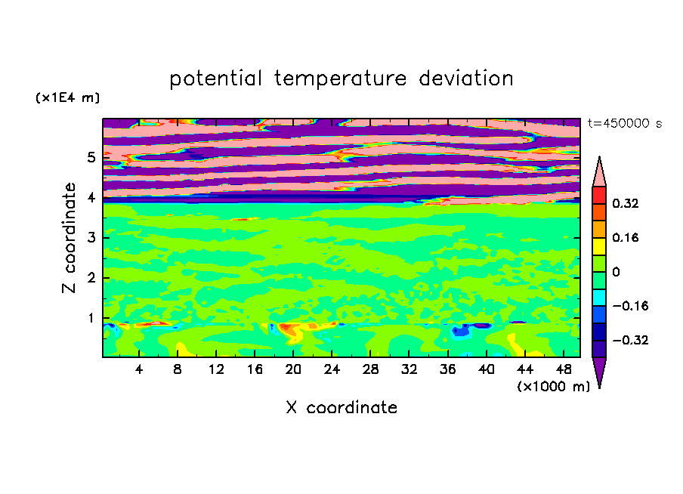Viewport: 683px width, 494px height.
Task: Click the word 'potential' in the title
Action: pos(215,79)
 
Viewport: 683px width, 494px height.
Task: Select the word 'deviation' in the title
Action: pos(466,78)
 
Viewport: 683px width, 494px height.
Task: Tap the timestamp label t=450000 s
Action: pos(625,124)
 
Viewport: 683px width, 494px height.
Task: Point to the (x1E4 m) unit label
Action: pos(67,98)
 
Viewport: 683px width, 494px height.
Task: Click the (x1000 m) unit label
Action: pos(553,387)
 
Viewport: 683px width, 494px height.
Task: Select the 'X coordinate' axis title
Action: pos(341,408)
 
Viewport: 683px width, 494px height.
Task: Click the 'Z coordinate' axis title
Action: pos(70,237)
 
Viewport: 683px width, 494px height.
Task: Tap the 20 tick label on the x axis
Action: pos(293,370)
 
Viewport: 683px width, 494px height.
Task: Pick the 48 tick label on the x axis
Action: pos(564,370)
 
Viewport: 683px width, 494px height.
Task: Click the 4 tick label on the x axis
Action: pos(139,370)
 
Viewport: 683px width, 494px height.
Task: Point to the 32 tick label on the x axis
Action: pos(409,370)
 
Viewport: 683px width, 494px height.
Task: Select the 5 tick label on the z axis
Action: pos(91,157)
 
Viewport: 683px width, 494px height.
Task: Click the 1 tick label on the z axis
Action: pos(91,318)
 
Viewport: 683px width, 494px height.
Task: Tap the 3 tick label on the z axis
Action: pos(91,238)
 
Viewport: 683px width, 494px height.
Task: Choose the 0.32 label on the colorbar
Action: pos(625,203)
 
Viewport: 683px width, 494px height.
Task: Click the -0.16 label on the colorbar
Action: pos(630,306)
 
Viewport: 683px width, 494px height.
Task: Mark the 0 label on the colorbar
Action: pos(616,272)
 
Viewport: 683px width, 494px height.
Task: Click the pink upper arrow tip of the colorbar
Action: pos(599,157)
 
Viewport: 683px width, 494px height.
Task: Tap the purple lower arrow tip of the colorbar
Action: pos(599,387)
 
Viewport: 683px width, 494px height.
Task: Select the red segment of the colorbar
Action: pos(599,195)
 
